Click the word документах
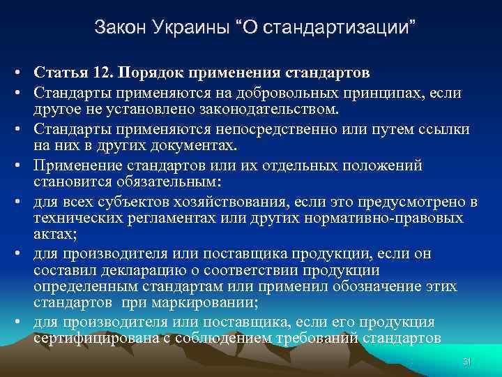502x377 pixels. pos(193,146)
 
